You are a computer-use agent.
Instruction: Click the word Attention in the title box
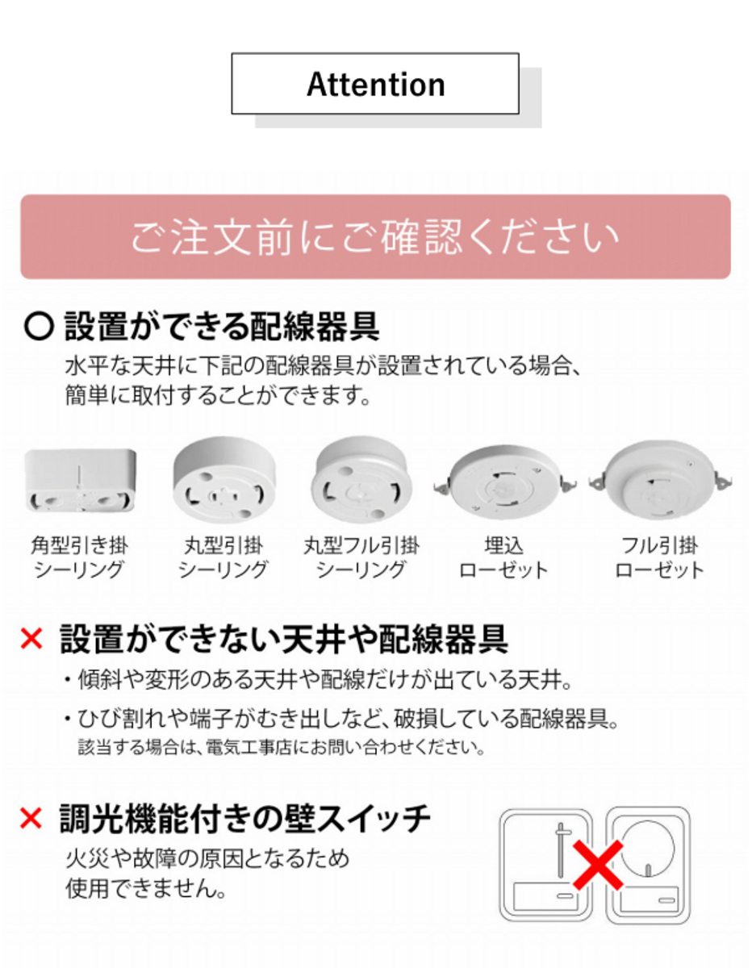tap(375, 84)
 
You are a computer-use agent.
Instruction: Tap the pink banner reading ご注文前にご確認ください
tap(375, 236)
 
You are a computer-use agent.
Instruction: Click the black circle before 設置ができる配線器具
tap(40, 327)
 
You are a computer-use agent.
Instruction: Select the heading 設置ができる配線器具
tap(222, 327)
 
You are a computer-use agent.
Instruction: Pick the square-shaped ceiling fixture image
tap(80, 481)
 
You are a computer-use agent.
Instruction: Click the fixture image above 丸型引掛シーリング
tap(224, 479)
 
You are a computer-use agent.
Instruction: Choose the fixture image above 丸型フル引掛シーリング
tap(361, 479)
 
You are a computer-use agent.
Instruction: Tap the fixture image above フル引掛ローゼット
tap(661, 480)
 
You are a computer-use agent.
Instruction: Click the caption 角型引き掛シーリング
tap(79, 558)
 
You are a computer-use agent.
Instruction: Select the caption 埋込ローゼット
tap(503, 558)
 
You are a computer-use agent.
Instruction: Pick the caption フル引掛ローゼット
tap(660, 558)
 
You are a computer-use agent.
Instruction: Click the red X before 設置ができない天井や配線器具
tap(31, 639)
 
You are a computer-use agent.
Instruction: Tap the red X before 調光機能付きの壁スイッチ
tap(31, 818)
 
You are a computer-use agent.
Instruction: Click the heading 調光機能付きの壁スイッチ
tap(245, 818)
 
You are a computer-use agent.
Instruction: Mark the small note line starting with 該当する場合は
tap(282, 747)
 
